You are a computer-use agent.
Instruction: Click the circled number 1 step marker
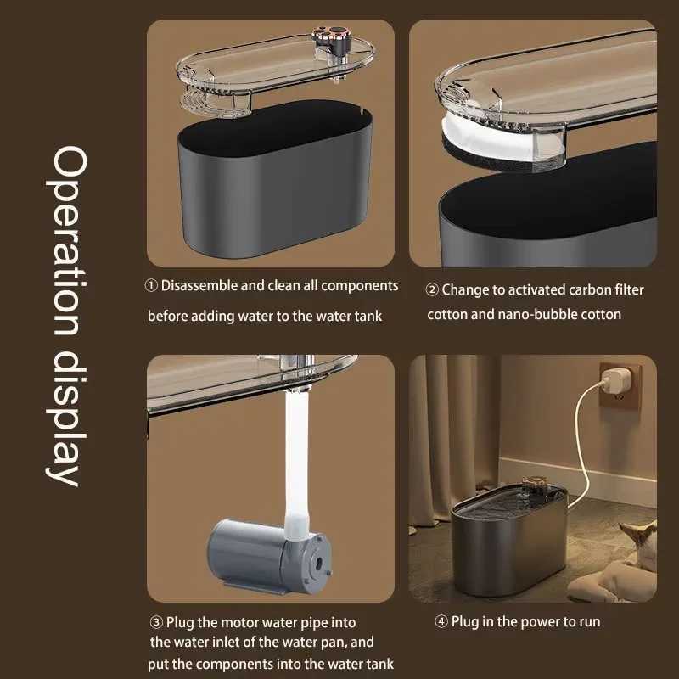[x=151, y=286]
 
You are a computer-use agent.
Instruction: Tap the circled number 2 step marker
[x=432, y=289]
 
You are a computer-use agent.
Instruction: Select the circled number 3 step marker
[x=156, y=622]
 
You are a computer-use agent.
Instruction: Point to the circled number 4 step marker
[x=441, y=622]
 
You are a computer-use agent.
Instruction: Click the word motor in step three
[x=240, y=623]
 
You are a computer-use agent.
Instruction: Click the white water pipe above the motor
[x=296, y=463]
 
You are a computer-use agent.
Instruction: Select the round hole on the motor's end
[x=319, y=564]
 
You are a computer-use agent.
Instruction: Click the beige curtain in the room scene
[x=454, y=437]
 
